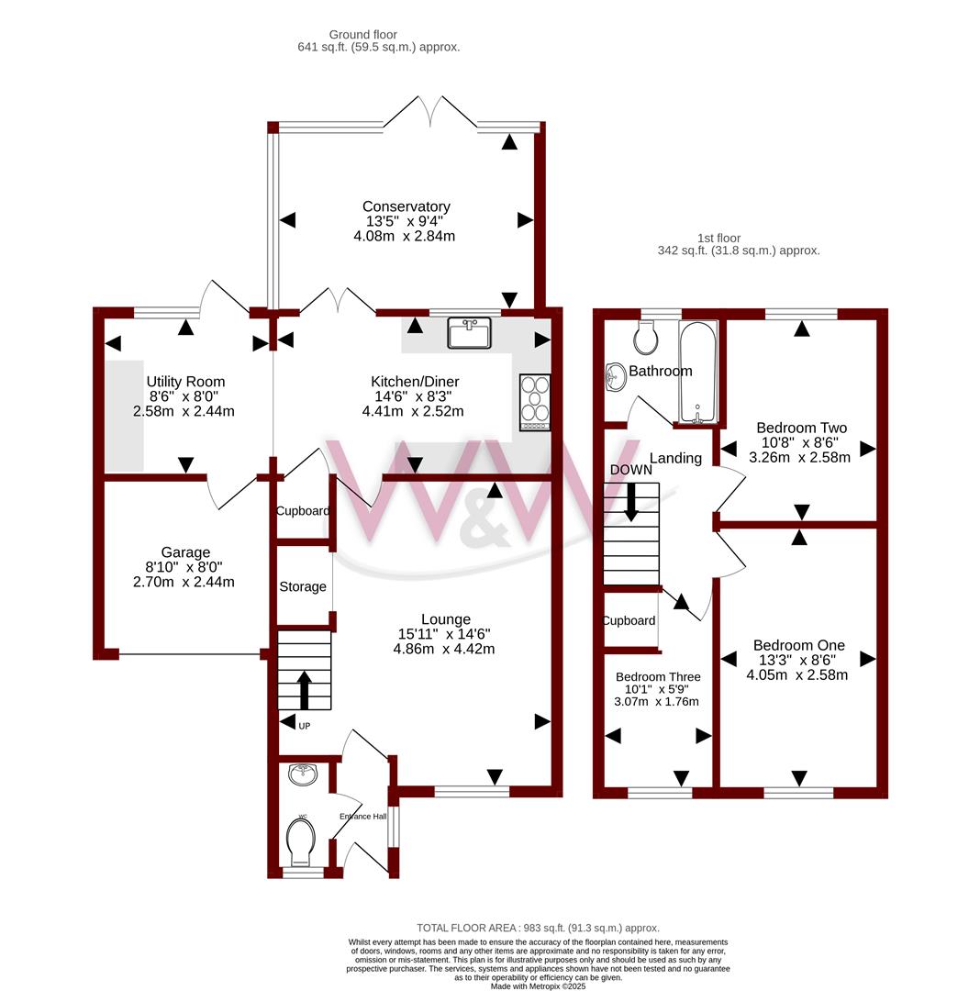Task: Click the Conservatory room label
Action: click(406, 206)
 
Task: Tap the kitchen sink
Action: click(470, 333)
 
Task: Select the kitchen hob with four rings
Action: click(535, 403)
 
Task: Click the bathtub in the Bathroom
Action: click(697, 372)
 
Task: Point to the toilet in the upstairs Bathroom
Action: click(645, 338)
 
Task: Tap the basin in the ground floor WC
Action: click(304, 774)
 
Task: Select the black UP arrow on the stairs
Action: click(304, 690)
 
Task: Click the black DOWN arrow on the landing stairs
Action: click(630, 502)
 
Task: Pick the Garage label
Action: click(185, 552)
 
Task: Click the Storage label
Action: click(303, 587)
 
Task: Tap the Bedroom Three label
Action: click(658, 677)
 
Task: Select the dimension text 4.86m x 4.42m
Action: click(444, 649)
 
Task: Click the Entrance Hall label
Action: click(362, 817)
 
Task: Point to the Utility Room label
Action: click(185, 382)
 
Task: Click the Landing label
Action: click(675, 458)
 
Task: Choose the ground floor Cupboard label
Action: click(303, 511)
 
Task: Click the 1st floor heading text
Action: click(718, 239)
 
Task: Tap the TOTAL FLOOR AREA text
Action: click(538, 928)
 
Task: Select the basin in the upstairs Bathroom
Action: click(614, 377)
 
